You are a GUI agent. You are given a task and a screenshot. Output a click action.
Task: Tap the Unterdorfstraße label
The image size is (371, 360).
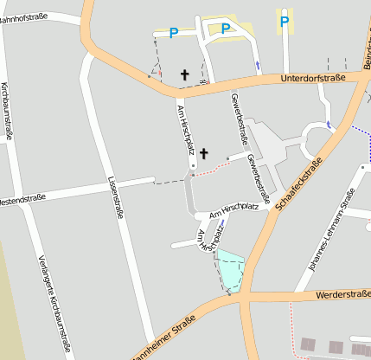click(x=313, y=79)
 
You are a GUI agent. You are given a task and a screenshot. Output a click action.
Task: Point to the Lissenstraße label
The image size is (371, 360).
click(x=114, y=198)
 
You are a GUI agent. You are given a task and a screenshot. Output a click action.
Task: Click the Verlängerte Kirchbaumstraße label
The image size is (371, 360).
click(x=54, y=303)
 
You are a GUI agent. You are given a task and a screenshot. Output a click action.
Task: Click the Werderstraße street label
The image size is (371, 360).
click(x=343, y=294)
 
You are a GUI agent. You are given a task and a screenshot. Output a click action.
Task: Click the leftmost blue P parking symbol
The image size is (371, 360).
click(x=174, y=33)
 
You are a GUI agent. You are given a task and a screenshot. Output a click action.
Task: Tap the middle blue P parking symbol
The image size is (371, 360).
click(x=226, y=29)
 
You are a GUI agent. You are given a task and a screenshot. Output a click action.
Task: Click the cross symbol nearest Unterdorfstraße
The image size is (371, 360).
click(x=184, y=75)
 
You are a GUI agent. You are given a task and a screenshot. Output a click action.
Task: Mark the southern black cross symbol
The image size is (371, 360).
click(x=204, y=153)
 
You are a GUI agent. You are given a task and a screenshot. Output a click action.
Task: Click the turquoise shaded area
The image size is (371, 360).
click(x=230, y=268)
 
